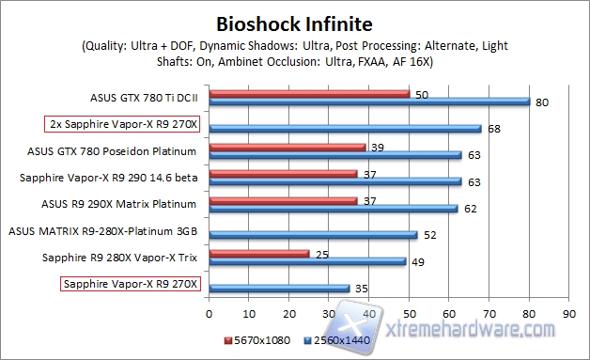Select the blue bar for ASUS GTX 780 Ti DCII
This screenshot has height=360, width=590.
(x=369, y=102)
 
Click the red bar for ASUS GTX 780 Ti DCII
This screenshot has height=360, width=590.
(x=309, y=93)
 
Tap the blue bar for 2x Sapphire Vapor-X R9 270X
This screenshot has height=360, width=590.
(x=345, y=128)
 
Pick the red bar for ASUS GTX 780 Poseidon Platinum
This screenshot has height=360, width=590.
(x=287, y=147)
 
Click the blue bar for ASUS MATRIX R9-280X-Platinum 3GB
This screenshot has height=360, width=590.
(x=313, y=234)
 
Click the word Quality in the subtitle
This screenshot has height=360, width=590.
(x=104, y=45)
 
